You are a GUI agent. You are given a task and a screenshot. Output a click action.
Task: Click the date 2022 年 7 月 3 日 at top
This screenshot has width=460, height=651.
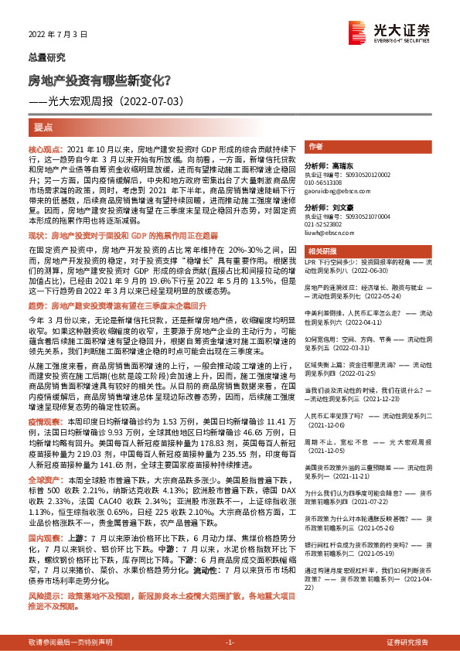[54, 34]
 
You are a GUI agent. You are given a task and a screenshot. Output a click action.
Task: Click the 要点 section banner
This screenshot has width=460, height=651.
[43, 127]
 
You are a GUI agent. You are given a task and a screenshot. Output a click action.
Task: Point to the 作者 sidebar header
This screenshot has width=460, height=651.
[315, 146]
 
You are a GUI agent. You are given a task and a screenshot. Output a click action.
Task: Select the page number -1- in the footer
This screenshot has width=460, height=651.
[230, 643]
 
